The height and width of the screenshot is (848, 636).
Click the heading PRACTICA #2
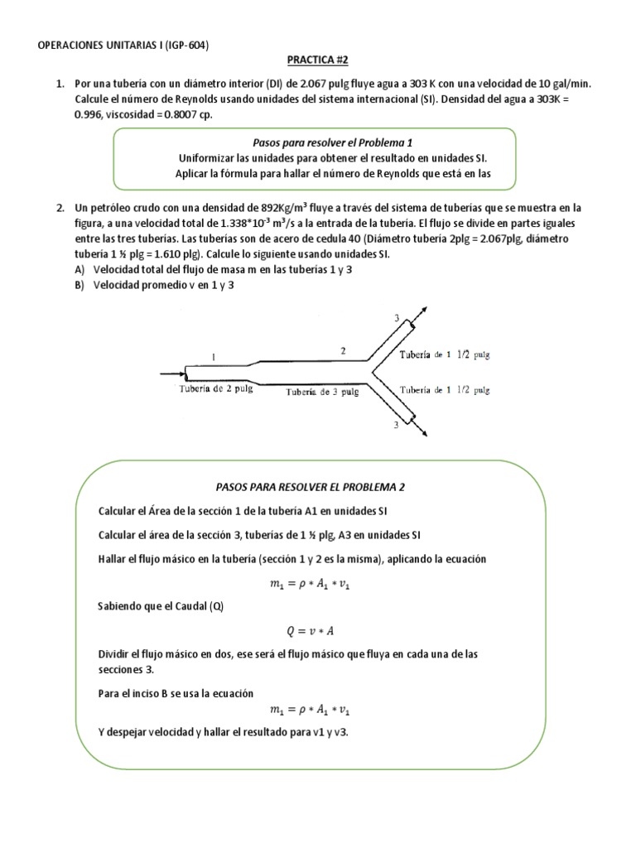(317, 60)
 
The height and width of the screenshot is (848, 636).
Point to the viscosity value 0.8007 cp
(181, 114)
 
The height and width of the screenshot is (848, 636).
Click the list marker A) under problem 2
(79, 270)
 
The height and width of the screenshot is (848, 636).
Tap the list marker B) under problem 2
(79, 286)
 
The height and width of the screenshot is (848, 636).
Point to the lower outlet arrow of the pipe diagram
(422, 431)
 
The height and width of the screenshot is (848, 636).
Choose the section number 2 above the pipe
(343, 350)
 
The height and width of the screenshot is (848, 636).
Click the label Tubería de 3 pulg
(322, 393)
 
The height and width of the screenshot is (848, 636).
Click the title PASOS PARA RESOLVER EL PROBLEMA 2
(310, 487)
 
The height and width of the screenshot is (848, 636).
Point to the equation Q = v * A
(309, 629)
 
